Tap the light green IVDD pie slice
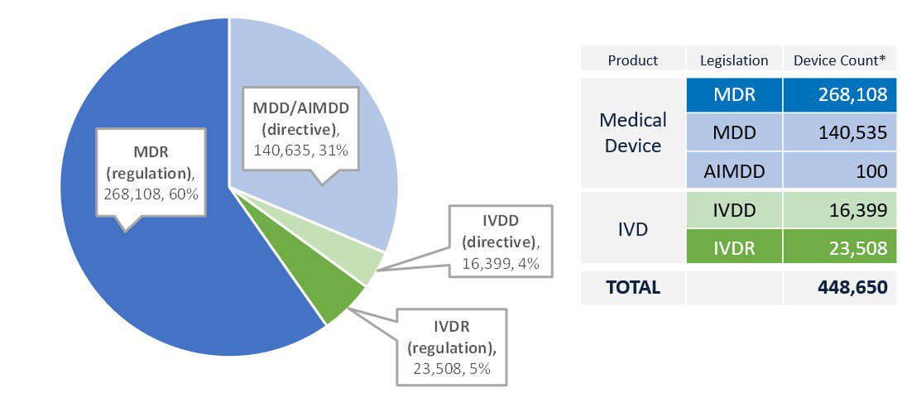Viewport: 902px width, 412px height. [x=370, y=265]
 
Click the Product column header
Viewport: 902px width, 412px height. [x=632, y=60]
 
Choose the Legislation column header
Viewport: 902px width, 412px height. [x=734, y=60]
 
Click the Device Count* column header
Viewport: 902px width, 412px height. [x=840, y=60]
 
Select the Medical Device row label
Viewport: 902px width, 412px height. [x=632, y=132]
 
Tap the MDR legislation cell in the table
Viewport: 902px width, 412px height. [x=734, y=95]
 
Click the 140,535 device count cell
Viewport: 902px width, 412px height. [x=840, y=132]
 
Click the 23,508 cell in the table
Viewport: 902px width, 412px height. [x=840, y=247]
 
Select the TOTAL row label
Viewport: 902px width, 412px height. [x=632, y=287]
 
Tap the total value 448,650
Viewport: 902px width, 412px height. [x=840, y=287]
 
